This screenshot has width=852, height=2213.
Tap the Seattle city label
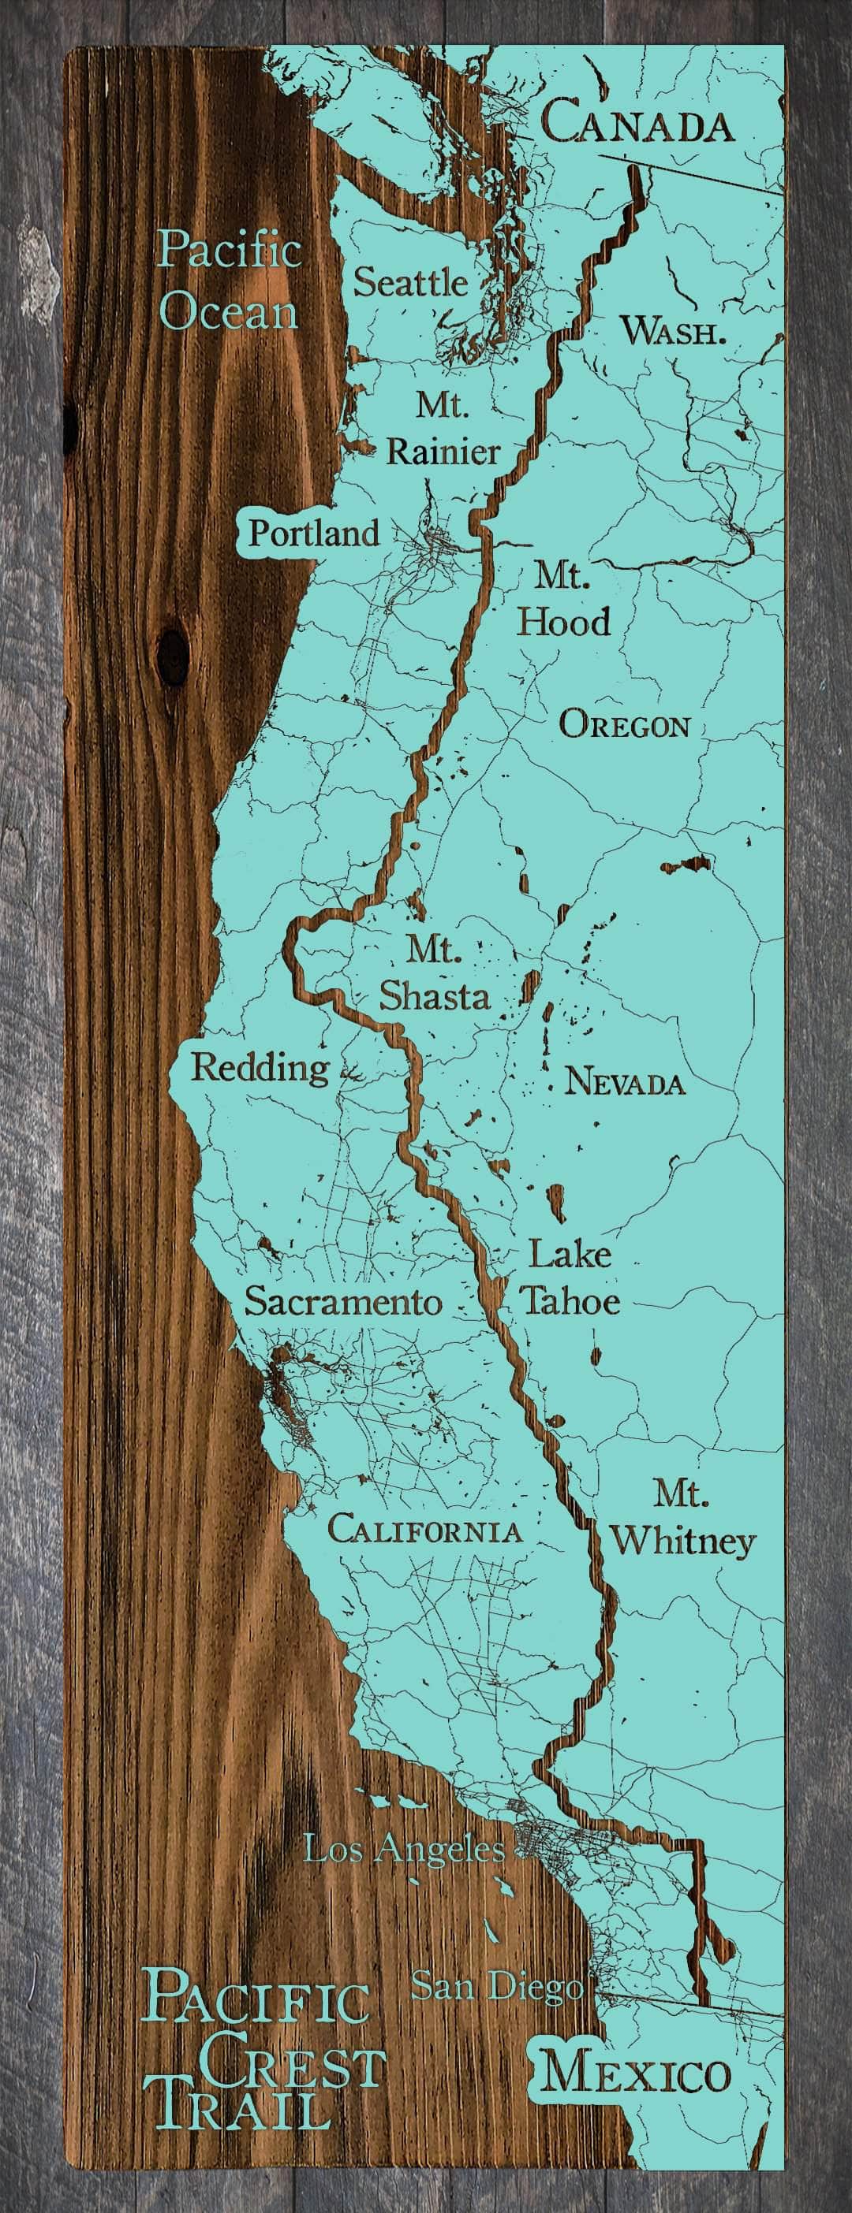(411, 282)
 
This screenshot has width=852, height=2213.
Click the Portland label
(313, 534)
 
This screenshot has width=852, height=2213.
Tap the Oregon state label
(624, 726)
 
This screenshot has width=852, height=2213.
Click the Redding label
(260, 1068)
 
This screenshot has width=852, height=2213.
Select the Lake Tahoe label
(569, 1278)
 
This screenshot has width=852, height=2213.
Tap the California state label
(424, 1530)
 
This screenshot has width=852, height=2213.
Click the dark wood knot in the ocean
(174, 656)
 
